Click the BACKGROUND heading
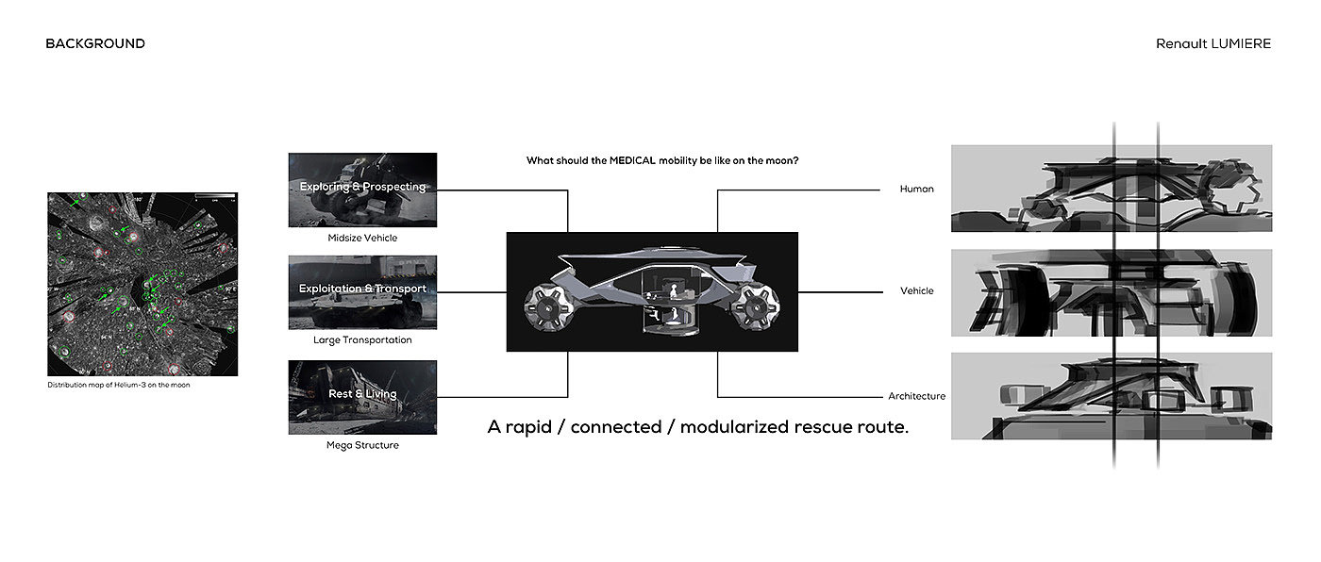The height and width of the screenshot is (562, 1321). pos(95,43)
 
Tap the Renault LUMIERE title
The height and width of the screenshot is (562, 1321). pos(1213,43)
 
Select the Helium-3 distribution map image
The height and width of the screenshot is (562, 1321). pos(142,285)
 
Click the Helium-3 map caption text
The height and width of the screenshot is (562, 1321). pos(119,385)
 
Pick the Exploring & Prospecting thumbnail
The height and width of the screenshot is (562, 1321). pos(362,190)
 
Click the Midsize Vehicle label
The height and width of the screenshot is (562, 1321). pos(362,238)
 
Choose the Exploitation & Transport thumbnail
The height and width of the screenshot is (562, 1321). pos(362,291)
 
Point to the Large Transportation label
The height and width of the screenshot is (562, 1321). pos(362,339)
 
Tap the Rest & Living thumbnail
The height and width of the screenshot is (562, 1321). pos(362,397)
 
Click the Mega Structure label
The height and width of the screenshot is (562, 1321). pos(362,445)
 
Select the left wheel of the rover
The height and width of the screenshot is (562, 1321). pos(545,302)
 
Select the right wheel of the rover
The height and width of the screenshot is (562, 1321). pos(758,303)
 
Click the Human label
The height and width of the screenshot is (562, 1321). pos(916,189)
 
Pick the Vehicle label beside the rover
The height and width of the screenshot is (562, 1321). pos(916,290)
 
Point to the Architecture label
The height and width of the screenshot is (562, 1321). pos(916,396)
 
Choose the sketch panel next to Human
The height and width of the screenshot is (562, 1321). pos(1112,189)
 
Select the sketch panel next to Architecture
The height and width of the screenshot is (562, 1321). pos(1112,396)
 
